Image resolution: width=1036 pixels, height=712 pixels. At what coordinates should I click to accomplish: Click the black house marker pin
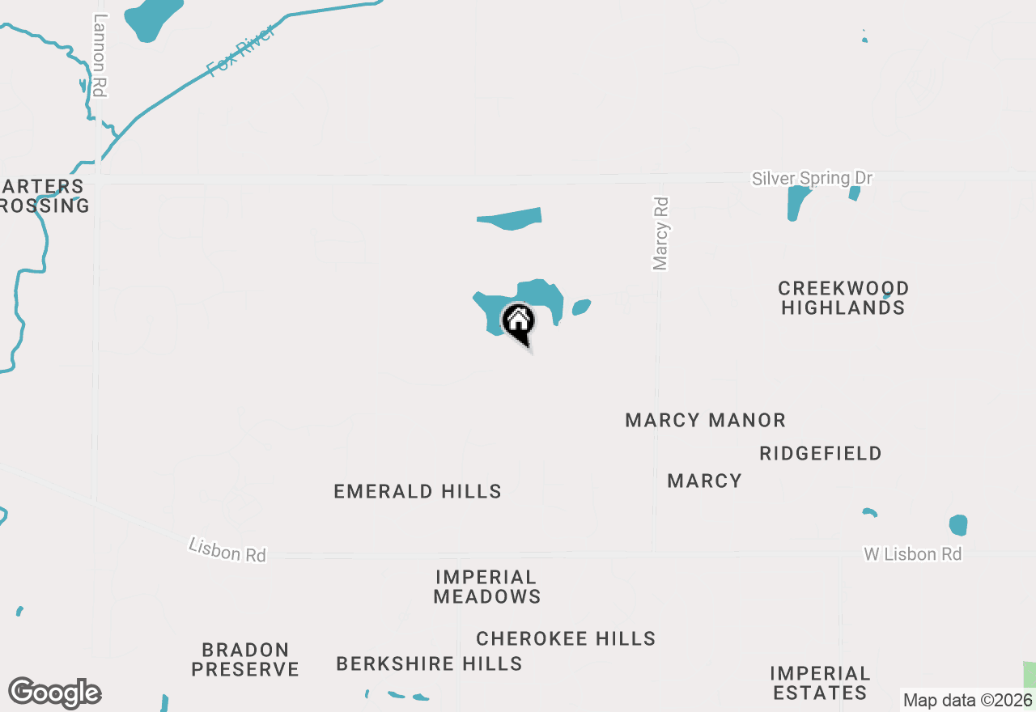[x=519, y=322]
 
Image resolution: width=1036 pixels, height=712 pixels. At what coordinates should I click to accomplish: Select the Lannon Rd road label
[x=100, y=56]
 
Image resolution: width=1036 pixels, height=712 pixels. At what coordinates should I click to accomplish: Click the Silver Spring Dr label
[x=813, y=178]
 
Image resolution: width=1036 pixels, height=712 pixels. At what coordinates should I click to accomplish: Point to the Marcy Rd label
[x=661, y=234]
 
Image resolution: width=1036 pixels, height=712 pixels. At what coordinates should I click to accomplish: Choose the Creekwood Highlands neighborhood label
[x=843, y=298]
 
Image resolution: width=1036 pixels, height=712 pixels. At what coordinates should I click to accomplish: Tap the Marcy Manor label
[x=705, y=421]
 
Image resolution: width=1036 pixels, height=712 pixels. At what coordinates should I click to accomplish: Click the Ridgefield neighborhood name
[x=821, y=454]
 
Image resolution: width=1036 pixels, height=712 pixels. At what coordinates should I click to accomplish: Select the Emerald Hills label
[x=418, y=492]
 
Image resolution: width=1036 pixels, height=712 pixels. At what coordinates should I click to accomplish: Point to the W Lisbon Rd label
[x=912, y=554]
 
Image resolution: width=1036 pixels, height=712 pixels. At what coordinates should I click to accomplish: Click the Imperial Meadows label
[x=486, y=587]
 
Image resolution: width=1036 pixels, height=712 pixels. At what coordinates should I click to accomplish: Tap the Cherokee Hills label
[x=566, y=638]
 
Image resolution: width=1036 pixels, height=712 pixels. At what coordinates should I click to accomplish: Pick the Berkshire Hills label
[x=429, y=664]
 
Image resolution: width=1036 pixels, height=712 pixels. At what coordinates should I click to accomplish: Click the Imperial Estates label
[x=820, y=683]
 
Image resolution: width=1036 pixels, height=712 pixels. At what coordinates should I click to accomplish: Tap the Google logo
[x=54, y=693]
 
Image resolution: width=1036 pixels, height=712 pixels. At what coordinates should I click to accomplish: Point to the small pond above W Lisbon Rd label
[x=958, y=525]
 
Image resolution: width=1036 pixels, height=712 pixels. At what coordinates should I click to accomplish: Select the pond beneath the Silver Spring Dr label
[x=796, y=202]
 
